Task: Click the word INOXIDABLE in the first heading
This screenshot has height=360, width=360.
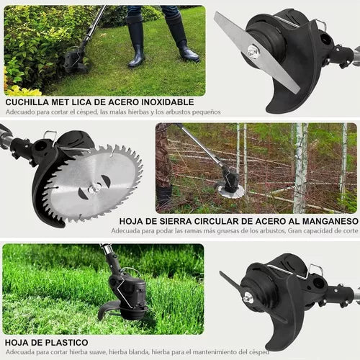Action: pyautogui.click(x=167, y=102)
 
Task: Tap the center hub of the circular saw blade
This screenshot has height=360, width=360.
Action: pyautogui.click(x=94, y=189)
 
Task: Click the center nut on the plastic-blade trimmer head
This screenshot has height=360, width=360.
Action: pyautogui.click(x=246, y=299)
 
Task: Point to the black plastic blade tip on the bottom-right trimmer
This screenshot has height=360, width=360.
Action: pyautogui.click(x=222, y=274)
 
